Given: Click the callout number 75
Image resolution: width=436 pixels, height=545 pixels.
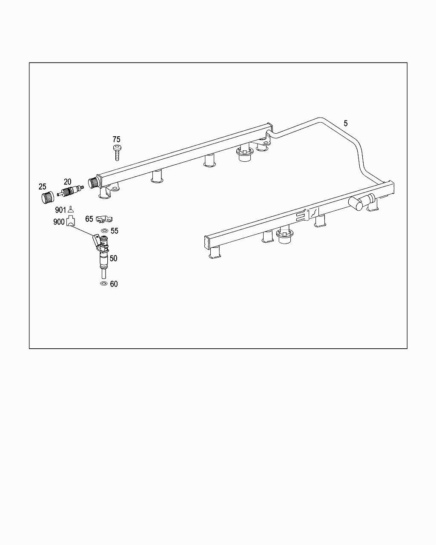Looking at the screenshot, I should [x=116, y=139].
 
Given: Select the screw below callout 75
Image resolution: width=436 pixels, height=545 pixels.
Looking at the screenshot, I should [x=116, y=152].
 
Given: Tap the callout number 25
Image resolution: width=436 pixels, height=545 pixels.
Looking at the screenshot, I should [x=42, y=186].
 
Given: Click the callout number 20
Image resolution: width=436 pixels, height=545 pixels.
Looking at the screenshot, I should [x=67, y=182].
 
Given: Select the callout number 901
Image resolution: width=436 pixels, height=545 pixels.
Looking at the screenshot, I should [x=60, y=210].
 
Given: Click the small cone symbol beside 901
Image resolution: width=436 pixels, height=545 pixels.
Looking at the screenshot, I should [x=70, y=209].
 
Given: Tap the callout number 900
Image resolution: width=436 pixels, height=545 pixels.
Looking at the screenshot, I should [x=59, y=222].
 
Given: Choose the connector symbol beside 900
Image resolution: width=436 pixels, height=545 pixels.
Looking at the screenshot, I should [x=70, y=221].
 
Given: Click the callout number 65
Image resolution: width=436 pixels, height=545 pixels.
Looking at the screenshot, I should [x=89, y=219].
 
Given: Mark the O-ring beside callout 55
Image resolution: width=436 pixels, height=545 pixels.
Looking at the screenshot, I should [x=103, y=231].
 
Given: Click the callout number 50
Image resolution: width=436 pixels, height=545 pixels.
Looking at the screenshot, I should [x=113, y=258].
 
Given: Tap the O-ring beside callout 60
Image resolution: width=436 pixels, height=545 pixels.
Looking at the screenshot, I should [x=103, y=284].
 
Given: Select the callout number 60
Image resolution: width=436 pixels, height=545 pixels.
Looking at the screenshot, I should [x=114, y=284].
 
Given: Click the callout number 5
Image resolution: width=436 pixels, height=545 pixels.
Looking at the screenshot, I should [x=345, y=123].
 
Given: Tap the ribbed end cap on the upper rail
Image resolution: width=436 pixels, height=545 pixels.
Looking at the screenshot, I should [x=93, y=183].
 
